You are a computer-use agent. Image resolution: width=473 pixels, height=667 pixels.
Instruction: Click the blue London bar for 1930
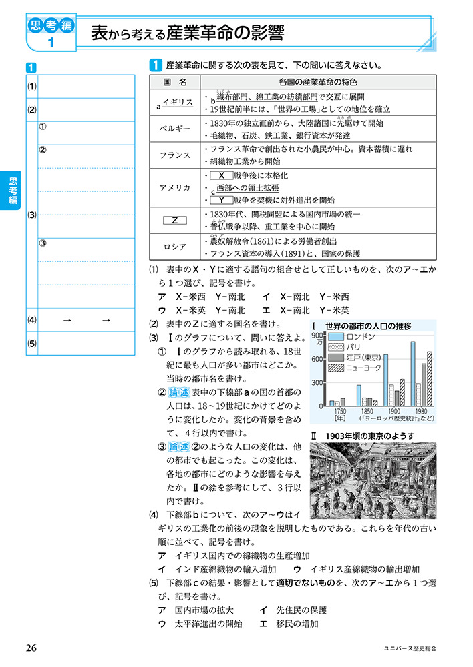point(413,374)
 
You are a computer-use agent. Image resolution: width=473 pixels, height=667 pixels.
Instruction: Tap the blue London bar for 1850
point(359,395)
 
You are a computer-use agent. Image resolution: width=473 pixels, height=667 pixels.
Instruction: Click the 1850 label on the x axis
point(366,412)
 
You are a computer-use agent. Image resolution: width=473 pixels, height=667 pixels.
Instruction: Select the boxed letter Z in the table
point(175,220)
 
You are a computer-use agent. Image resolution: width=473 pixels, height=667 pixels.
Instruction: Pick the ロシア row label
point(176,247)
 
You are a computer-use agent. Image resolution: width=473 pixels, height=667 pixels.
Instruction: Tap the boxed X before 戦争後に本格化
point(220,175)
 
